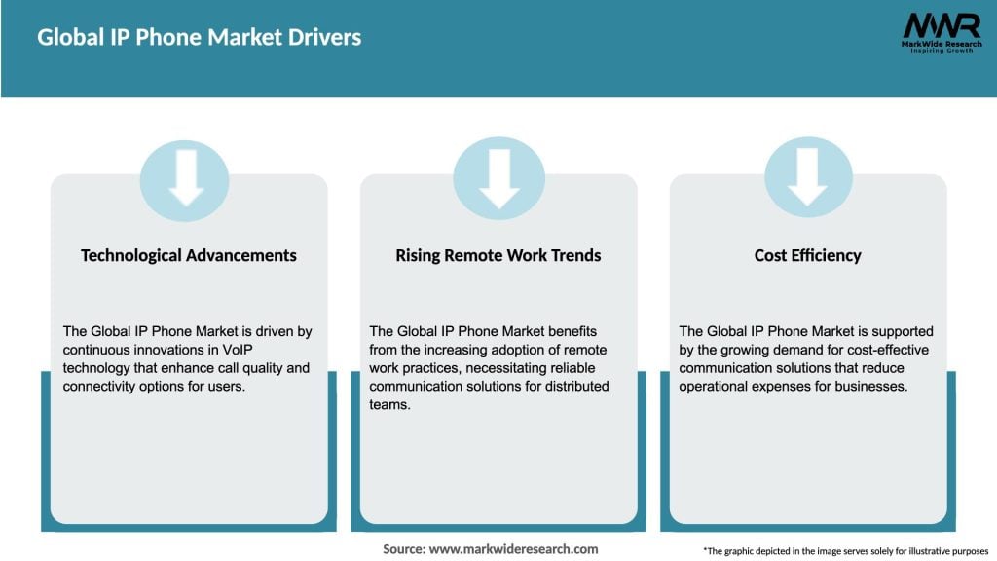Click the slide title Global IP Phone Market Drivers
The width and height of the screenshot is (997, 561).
(x=199, y=38)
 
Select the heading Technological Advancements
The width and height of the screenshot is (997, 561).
(x=189, y=255)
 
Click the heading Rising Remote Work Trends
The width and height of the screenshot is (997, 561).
(x=498, y=255)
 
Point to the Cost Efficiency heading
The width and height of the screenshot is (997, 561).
(x=807, y=255)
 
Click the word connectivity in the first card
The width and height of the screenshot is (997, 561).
(x=98, y=386)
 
